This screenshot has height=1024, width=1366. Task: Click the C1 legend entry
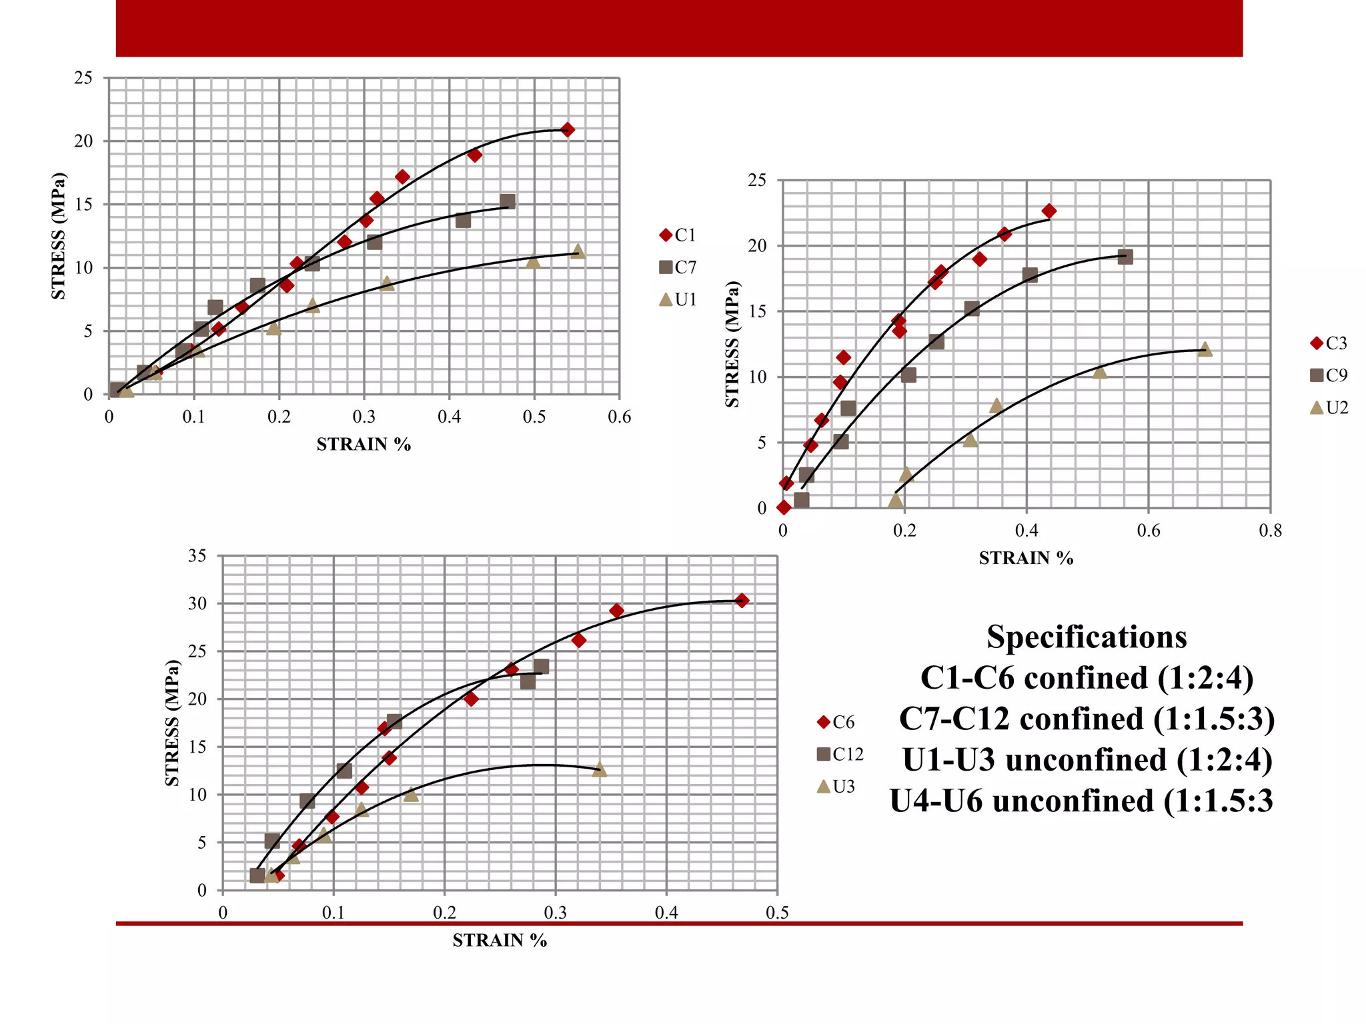(678, 235)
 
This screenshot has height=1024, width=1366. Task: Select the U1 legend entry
(678, 300)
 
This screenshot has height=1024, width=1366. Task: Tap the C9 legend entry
(1329, 375)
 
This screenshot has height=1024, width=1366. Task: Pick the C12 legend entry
(840, 754)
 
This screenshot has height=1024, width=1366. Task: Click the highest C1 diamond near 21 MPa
(567, 129)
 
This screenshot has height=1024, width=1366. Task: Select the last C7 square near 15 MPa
(508, 201)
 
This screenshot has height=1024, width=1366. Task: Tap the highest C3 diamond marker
(1049, 211)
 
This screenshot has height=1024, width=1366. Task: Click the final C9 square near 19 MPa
(1125, 257)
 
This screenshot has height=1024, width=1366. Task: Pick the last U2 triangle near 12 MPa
(1205, 349)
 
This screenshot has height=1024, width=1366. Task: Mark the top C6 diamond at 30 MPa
(742, 601)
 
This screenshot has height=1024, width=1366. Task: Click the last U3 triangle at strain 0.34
(600, 770)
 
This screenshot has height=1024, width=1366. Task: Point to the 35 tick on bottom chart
(197, 555)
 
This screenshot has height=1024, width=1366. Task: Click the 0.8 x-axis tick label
(1270, 531)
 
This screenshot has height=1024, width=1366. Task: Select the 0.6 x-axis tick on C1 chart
(619, 417)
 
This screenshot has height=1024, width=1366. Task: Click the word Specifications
(1087, 637)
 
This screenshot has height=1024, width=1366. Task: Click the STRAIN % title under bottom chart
(500, 940)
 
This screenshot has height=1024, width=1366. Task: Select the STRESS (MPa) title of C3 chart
(732, 344)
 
